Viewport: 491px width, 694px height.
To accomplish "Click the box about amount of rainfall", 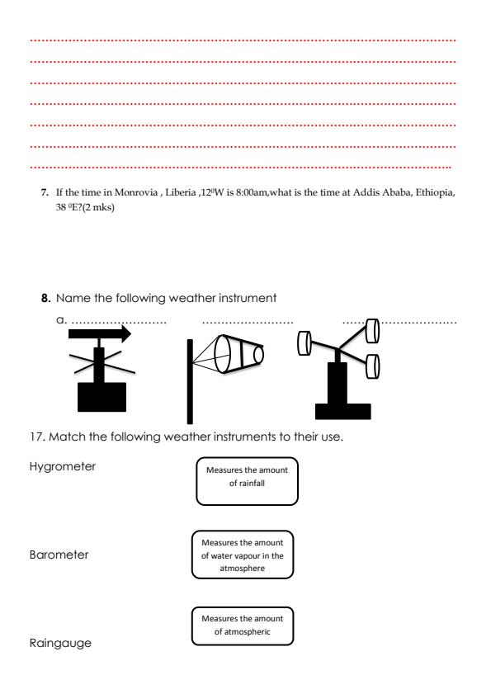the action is tap(246, 481).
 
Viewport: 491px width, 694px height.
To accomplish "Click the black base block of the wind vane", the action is tap(102, 397).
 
